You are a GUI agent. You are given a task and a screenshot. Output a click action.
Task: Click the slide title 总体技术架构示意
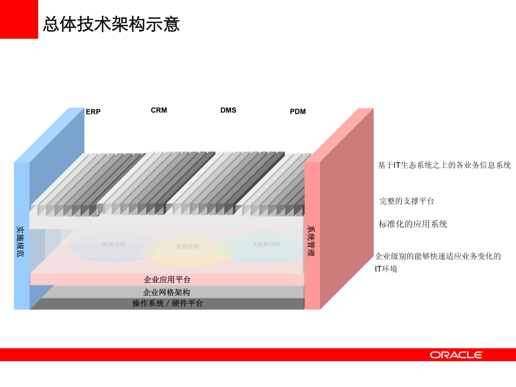111,24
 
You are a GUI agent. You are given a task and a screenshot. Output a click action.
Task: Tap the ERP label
93,112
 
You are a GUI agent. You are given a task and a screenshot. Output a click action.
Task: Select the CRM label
159,110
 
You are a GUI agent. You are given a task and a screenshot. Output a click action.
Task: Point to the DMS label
228,110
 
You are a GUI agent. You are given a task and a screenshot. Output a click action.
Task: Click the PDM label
298,112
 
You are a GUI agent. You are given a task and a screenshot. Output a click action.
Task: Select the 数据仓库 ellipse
114,245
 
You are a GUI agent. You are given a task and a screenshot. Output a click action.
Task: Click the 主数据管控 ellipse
266,245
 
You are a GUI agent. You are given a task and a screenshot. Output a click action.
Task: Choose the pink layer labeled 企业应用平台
167,280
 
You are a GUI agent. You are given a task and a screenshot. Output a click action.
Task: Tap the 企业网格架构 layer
166,292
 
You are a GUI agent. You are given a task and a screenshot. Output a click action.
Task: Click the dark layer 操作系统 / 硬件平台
168,304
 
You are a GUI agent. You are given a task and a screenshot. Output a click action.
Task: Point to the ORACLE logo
456,355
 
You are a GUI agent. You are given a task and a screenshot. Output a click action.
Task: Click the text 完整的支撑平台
407,201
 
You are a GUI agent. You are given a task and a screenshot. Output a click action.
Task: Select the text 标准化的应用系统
413,224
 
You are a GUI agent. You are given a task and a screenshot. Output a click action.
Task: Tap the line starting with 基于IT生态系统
444,165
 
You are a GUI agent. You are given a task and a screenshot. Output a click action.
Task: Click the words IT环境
386,269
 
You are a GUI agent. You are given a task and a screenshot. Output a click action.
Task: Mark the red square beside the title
19,19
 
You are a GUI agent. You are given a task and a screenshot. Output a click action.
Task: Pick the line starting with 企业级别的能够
438,256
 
